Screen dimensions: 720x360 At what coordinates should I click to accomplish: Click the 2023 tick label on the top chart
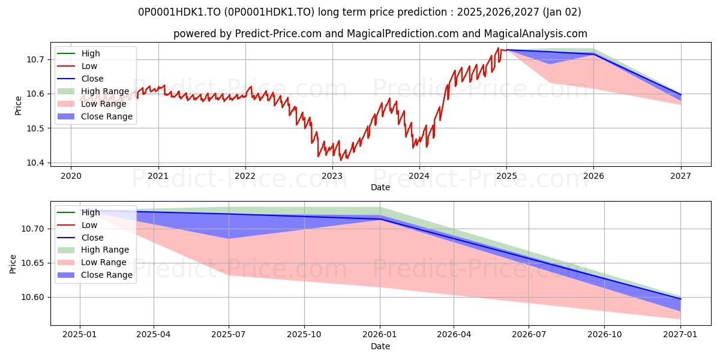point(332,176)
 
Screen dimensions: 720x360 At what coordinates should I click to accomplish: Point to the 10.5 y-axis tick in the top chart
point(35,128)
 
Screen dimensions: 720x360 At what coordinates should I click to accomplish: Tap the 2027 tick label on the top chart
point(680,176)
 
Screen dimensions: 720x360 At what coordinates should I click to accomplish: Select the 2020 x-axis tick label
point(71,176)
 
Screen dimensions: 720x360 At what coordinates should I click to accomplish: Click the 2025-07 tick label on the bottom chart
point(228,335)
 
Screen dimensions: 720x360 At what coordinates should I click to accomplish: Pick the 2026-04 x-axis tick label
point(454,335)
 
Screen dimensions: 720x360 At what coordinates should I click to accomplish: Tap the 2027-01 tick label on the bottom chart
point(680,335)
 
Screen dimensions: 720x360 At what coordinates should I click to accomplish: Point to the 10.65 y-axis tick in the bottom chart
point(32,263)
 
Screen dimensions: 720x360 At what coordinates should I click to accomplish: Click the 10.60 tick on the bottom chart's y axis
point(32,298)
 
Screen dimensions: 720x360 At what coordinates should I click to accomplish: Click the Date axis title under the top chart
point(380,187)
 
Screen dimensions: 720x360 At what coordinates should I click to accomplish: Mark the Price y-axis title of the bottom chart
point(13,264)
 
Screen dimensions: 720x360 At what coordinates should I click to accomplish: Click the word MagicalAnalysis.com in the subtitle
point(535,34)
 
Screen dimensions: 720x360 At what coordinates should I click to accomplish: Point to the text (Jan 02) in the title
point(562,12)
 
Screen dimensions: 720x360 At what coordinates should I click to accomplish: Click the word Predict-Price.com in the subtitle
point(278,34)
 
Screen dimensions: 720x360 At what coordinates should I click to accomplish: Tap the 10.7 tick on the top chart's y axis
point(35,60)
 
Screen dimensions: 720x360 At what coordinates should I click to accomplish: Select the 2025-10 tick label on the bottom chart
point(304,335)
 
